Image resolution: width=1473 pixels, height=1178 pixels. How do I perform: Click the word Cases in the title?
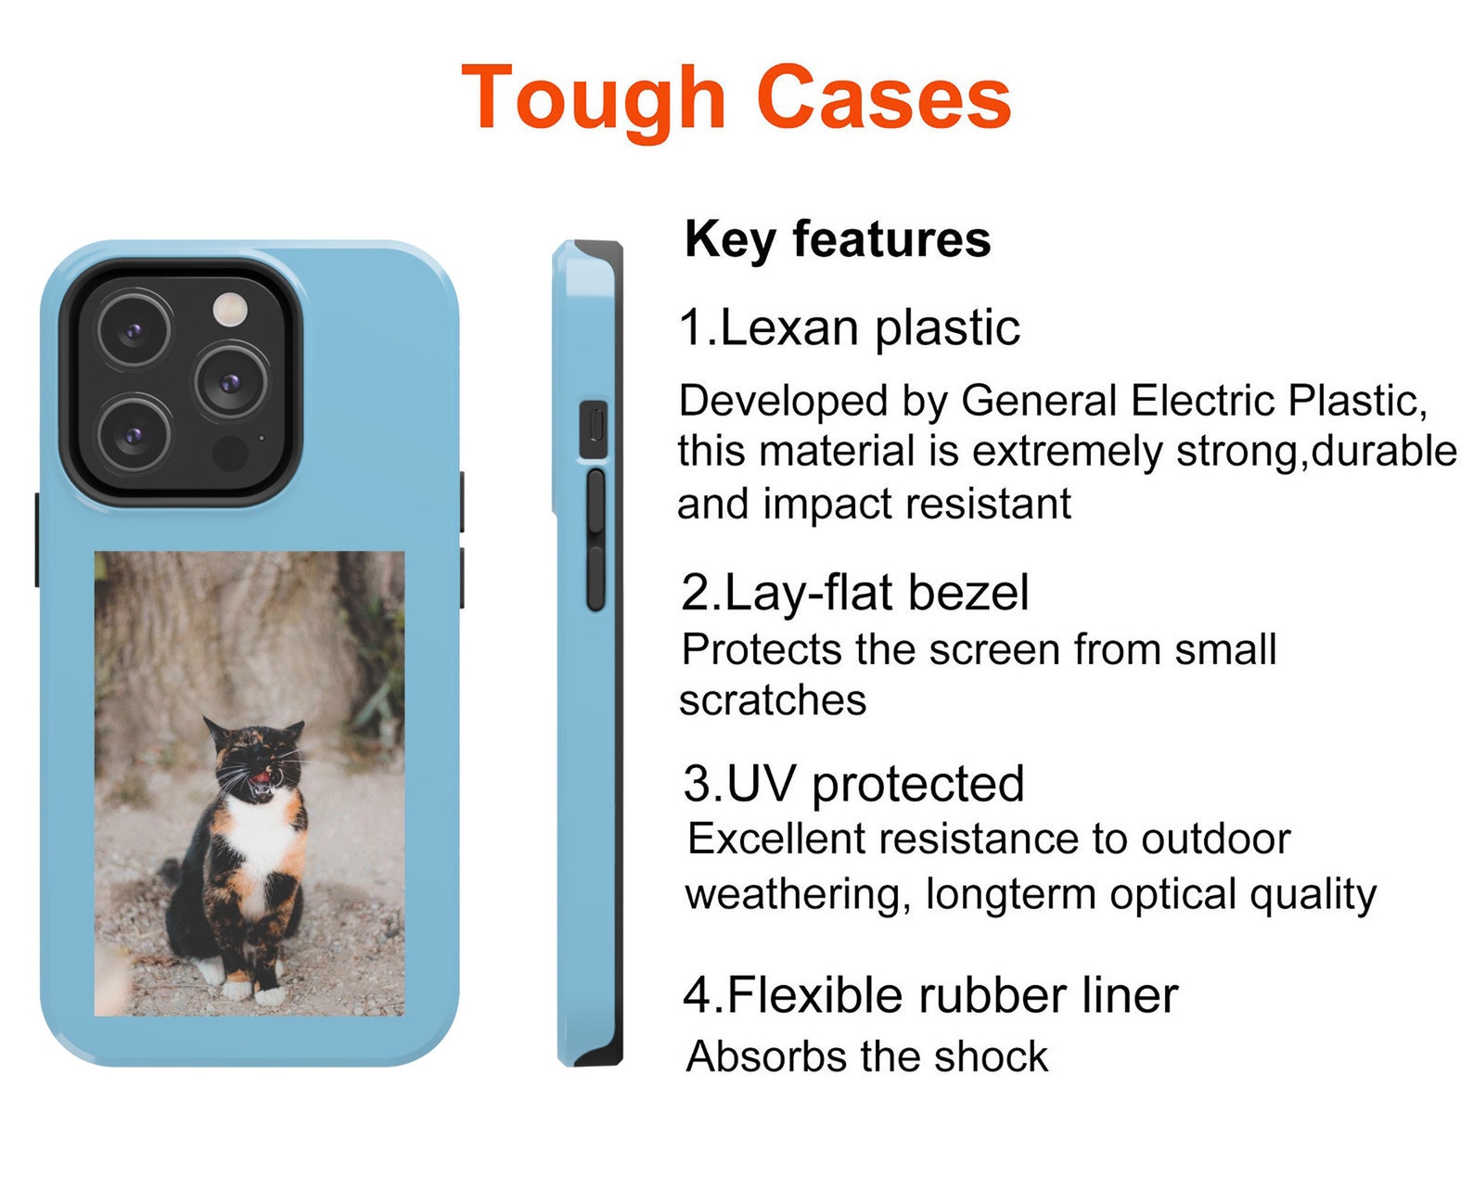click(884, 97)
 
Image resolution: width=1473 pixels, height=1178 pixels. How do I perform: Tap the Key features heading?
click(837, 240)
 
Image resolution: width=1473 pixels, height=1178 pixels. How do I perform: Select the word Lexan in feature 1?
click(788, 328)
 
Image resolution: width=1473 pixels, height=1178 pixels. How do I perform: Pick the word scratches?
click(773, 700)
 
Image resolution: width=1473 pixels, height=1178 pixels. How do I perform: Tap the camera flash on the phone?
click(230, 310)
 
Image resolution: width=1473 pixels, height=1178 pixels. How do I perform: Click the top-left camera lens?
click(134, 330)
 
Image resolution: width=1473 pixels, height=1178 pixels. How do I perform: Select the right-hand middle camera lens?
click(231, 382)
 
